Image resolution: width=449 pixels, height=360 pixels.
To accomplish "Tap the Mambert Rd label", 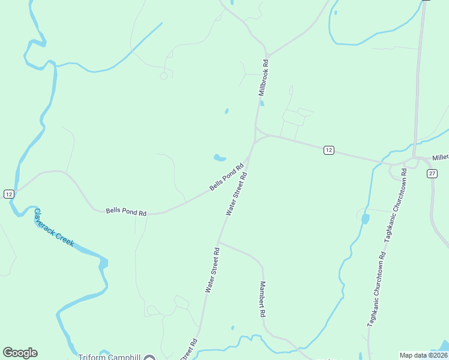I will point(262,299).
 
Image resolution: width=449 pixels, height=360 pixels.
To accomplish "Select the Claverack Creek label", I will point(53,227).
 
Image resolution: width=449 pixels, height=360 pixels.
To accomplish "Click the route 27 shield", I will point(432,173).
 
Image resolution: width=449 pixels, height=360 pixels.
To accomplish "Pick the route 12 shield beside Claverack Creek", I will point(8,194).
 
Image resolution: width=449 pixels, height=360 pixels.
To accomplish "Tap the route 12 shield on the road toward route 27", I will point(328,150).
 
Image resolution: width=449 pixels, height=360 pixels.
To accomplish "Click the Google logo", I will point(20,353).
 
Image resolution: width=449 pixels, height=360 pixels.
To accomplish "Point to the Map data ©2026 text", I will point(423,355).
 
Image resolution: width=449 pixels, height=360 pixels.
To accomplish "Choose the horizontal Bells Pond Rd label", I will point(126,212).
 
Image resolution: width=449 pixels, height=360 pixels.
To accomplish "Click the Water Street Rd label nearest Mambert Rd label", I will point(213,269).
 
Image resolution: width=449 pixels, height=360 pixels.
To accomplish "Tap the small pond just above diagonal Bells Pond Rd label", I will point(220,158).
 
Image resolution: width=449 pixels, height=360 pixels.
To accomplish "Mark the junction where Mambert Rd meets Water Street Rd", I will point(218,242).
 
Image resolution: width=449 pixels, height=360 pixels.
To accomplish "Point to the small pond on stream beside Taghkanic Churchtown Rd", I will point(365,219).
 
